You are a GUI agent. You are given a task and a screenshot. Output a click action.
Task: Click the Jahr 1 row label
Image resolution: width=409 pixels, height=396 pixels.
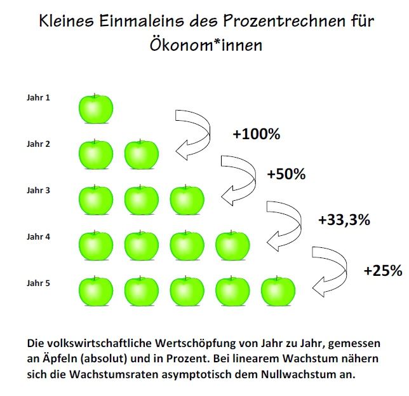(37, 98)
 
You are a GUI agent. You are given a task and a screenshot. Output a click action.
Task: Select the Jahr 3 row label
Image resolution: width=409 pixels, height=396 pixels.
(37, 190)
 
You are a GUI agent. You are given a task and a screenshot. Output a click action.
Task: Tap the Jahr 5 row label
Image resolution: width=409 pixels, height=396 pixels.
(37, 283)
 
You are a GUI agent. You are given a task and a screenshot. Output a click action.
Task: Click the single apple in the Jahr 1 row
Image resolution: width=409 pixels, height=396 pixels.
(96, 109)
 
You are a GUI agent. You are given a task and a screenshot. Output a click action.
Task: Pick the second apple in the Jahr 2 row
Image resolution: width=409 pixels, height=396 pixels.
(142, 154)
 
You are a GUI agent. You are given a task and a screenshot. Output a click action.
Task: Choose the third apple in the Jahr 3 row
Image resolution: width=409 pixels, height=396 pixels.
(188, 200)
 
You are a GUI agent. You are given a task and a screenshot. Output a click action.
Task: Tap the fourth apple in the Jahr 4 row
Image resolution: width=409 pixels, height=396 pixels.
(233, 246)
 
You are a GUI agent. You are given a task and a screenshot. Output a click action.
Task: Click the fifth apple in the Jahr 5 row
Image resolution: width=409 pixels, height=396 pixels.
(279, 291)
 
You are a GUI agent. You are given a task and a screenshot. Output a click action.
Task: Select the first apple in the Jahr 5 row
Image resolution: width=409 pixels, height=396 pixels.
(96, 291)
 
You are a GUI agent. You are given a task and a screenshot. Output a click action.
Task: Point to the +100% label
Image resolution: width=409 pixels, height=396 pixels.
(256, 135)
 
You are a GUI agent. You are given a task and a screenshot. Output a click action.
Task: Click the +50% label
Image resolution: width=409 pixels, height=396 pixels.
(286, 173)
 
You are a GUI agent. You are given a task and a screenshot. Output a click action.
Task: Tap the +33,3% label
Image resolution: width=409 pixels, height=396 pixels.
(344, 220)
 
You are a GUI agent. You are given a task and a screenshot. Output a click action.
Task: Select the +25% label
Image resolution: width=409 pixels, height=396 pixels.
(383, 270)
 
